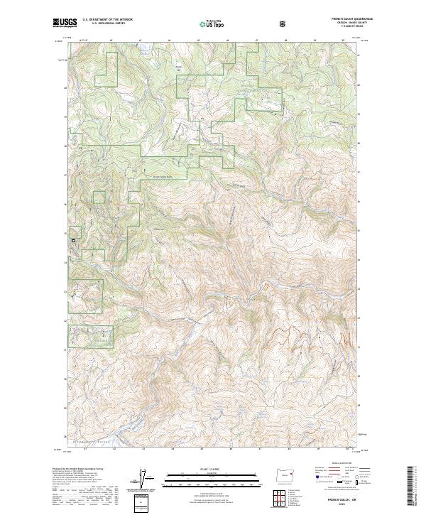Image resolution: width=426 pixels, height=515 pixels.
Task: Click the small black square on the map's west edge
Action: coord(72,242)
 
